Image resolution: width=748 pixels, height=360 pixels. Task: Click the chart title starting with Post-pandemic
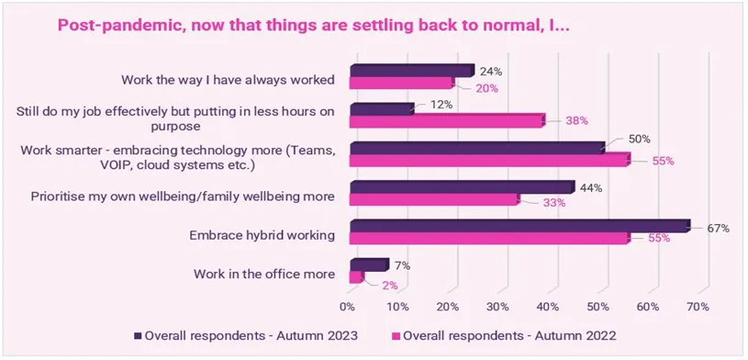(313, 26)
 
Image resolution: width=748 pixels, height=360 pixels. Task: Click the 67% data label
(718, 228)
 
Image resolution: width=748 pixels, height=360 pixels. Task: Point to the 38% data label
(575, 120)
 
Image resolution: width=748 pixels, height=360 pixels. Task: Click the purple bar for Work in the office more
(368, 265)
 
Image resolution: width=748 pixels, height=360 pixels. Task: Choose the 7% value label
(402, 266)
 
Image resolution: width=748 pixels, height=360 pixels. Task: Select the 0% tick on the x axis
(348, 305)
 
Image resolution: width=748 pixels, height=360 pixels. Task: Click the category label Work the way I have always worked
(228, 78)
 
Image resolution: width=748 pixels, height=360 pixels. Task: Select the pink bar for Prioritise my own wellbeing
(433, 199)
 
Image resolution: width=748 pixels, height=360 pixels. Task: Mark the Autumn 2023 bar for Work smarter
(475, 148)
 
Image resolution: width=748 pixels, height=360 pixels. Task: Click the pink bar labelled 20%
(401, 84)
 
